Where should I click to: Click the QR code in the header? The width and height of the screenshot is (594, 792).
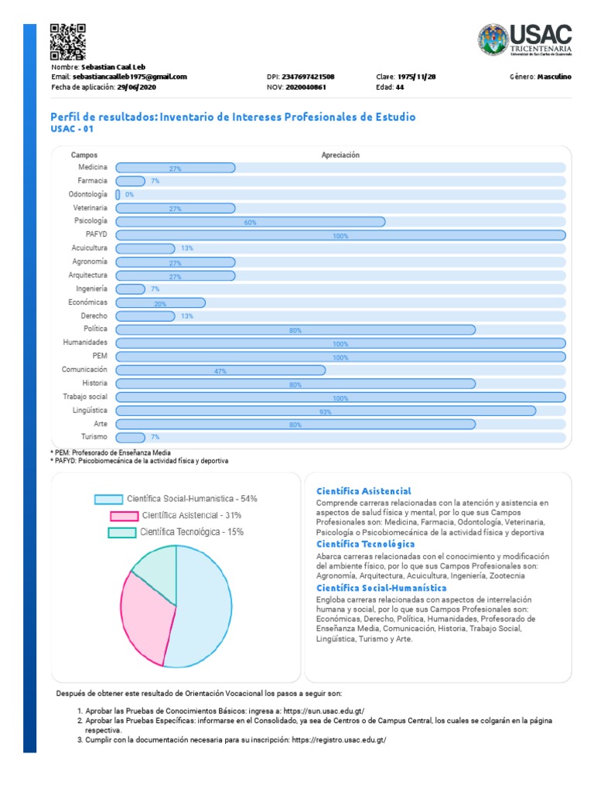67,42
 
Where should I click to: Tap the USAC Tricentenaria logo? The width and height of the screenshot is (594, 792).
525,40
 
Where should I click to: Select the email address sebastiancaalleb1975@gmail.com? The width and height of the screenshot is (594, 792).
130,77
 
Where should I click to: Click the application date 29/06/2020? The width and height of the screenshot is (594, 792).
136,87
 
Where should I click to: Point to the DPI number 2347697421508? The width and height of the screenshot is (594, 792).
309,77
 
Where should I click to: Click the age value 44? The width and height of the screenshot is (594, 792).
400,87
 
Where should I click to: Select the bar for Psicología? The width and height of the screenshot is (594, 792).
250,222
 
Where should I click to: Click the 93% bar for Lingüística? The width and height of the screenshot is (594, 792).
325,411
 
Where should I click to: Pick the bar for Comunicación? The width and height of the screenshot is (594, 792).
220,370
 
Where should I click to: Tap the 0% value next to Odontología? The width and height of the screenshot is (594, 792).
129,194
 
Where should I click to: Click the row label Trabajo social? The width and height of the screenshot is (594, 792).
85,397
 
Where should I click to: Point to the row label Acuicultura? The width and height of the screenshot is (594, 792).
90,248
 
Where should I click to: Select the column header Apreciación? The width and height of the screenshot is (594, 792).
340,155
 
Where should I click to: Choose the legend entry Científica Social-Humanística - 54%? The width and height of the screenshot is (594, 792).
176,499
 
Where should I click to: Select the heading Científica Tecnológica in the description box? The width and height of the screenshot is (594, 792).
365,544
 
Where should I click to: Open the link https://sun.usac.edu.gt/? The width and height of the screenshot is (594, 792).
325,710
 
